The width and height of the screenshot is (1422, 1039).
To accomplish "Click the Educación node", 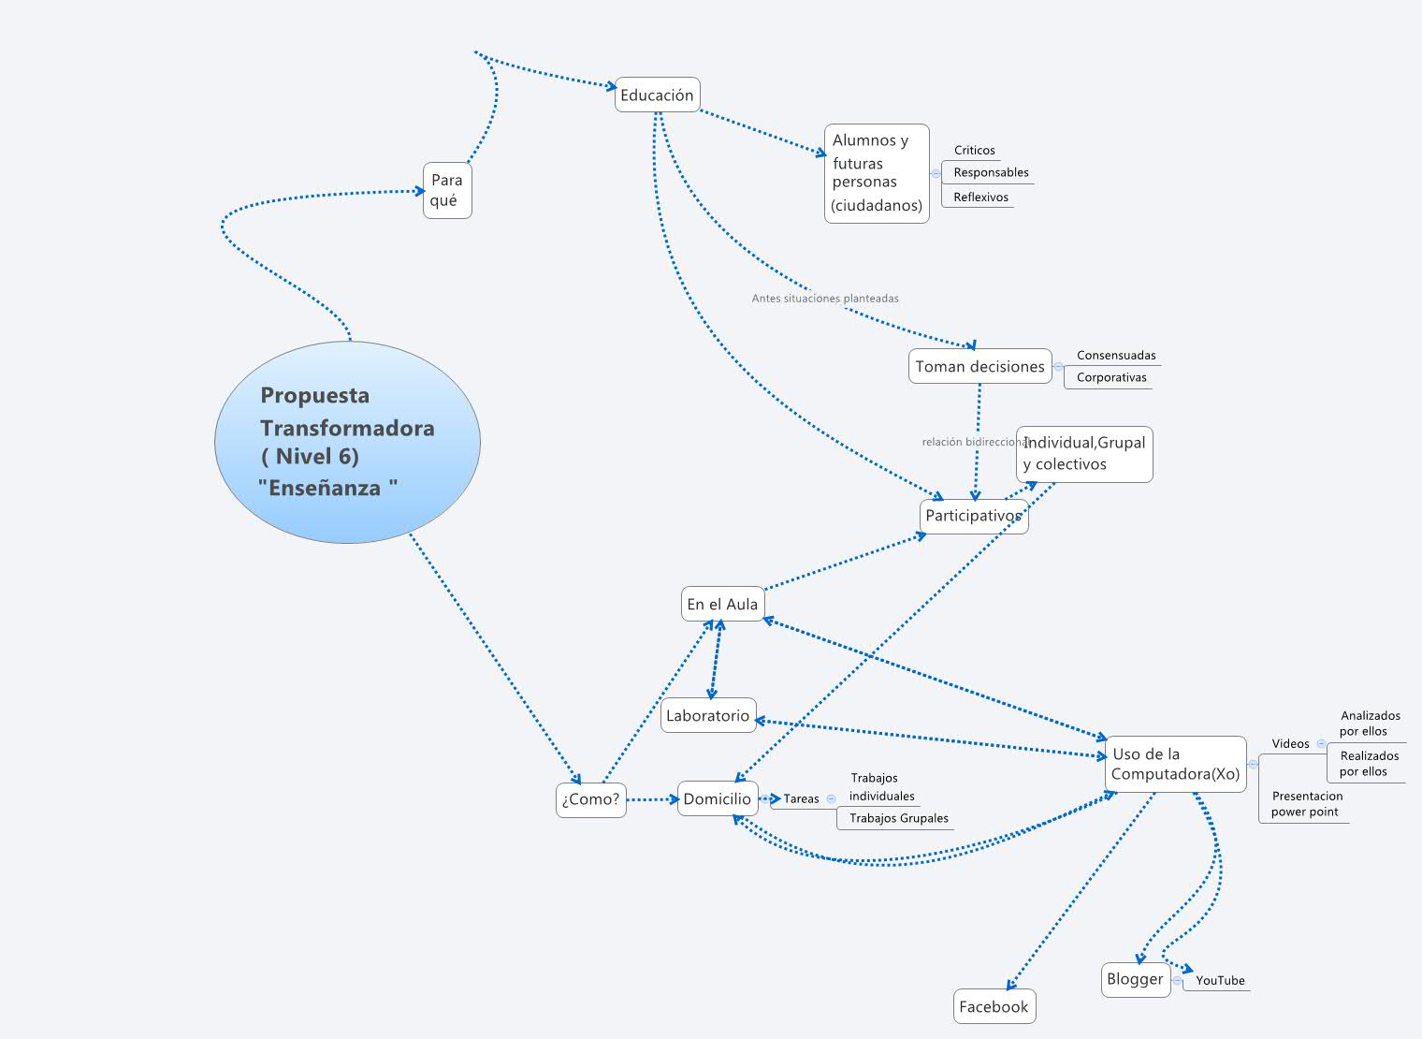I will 657,95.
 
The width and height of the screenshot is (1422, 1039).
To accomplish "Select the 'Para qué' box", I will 446,190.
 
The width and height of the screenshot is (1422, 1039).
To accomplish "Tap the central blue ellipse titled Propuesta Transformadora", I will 347,442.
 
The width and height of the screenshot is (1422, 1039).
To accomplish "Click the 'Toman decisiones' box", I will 979,366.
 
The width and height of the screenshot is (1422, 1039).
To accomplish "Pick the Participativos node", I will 973,516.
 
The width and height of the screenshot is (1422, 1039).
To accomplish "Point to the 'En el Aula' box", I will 722,604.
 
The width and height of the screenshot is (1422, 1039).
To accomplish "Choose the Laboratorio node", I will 708,715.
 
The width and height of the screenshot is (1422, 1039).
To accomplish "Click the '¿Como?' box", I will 590,799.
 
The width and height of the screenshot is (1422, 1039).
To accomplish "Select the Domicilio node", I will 717,798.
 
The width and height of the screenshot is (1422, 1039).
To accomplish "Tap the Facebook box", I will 994,1006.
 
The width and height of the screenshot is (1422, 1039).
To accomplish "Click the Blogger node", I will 1135,979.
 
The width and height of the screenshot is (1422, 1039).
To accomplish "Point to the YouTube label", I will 1220,980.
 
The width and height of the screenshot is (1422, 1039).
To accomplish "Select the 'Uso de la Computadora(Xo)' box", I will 1175,764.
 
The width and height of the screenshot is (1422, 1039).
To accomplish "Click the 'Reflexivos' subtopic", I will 980,197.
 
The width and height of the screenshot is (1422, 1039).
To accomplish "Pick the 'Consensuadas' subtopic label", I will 1115,355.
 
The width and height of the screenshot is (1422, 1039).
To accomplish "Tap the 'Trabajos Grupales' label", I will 898,818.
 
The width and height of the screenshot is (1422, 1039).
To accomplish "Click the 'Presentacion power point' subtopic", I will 1306,804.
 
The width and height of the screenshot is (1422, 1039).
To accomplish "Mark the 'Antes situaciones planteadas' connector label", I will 824,299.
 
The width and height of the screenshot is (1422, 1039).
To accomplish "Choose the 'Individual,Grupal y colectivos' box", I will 1083,454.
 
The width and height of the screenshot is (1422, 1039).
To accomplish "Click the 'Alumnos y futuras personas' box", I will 877,173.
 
